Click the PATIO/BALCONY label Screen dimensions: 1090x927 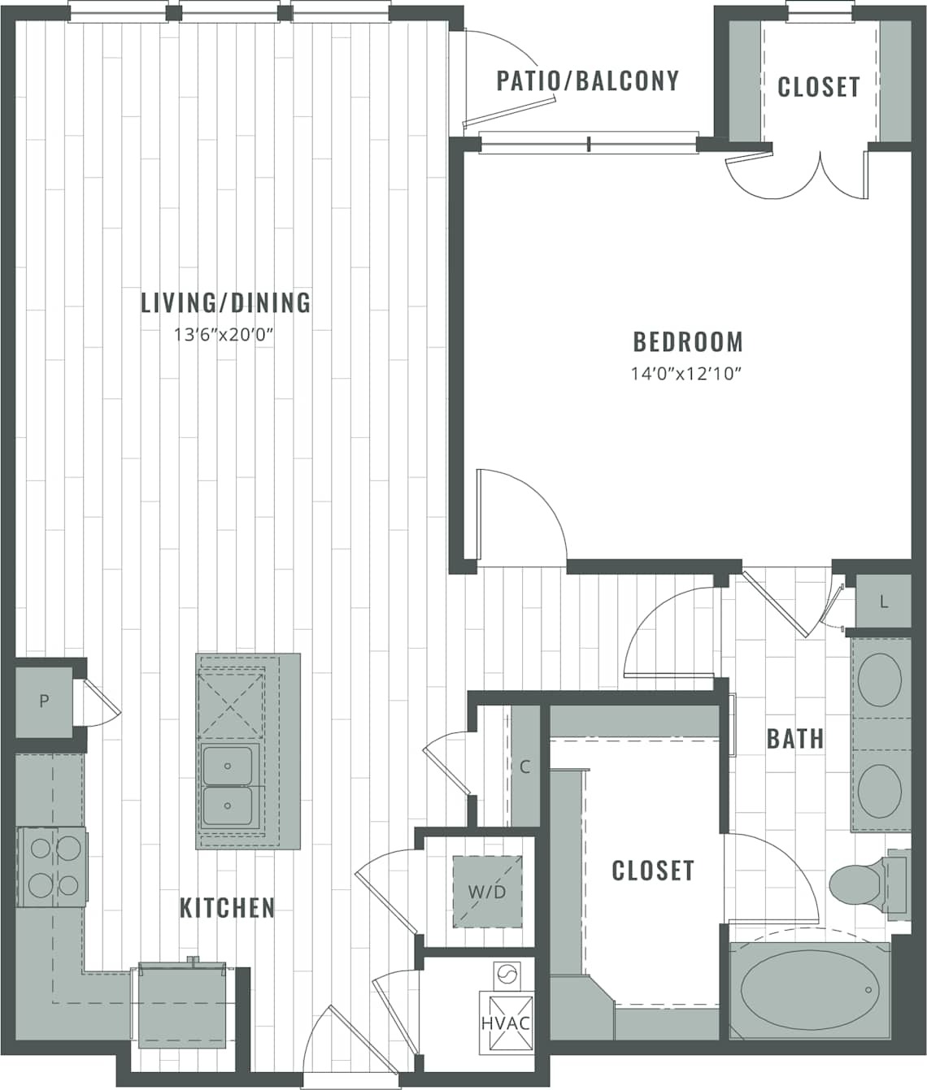(587, 80)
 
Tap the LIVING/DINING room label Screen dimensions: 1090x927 (225, 302)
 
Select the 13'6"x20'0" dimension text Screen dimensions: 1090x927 (220, 334)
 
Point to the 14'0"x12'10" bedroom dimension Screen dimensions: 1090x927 (688, 374)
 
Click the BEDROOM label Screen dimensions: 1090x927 (688, 341)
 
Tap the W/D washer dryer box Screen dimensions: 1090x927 (486, 892)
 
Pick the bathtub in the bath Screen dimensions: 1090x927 (808, 990)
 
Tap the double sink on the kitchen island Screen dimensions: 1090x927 (231, 785)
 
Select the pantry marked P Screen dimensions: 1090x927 (44, 701)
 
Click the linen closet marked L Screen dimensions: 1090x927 (883, 602)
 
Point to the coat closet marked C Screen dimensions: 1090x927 (525, 766)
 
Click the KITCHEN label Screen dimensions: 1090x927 (227, 907)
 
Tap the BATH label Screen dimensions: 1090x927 (794, 739)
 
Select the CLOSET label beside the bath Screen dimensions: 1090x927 (652, 871)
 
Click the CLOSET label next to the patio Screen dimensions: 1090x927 (818, 86)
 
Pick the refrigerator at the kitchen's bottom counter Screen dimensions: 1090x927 (181, 1005)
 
